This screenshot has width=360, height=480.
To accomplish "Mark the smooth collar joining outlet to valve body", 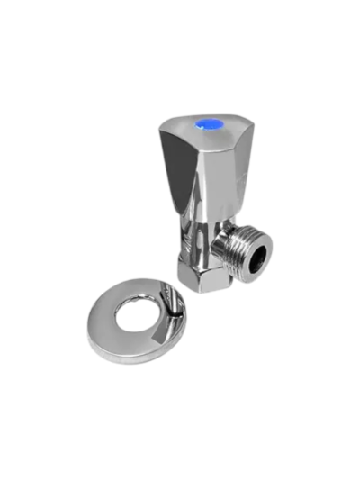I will point(221,243).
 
